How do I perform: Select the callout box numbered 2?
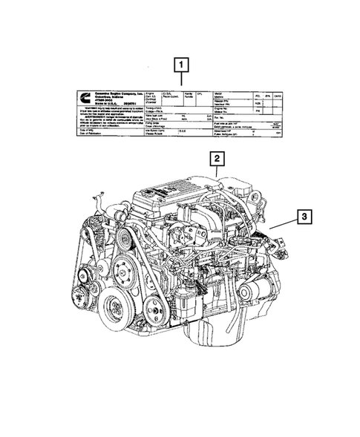[215, 158]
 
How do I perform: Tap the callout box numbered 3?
[304, 217]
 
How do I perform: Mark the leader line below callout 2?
[215, 171]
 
